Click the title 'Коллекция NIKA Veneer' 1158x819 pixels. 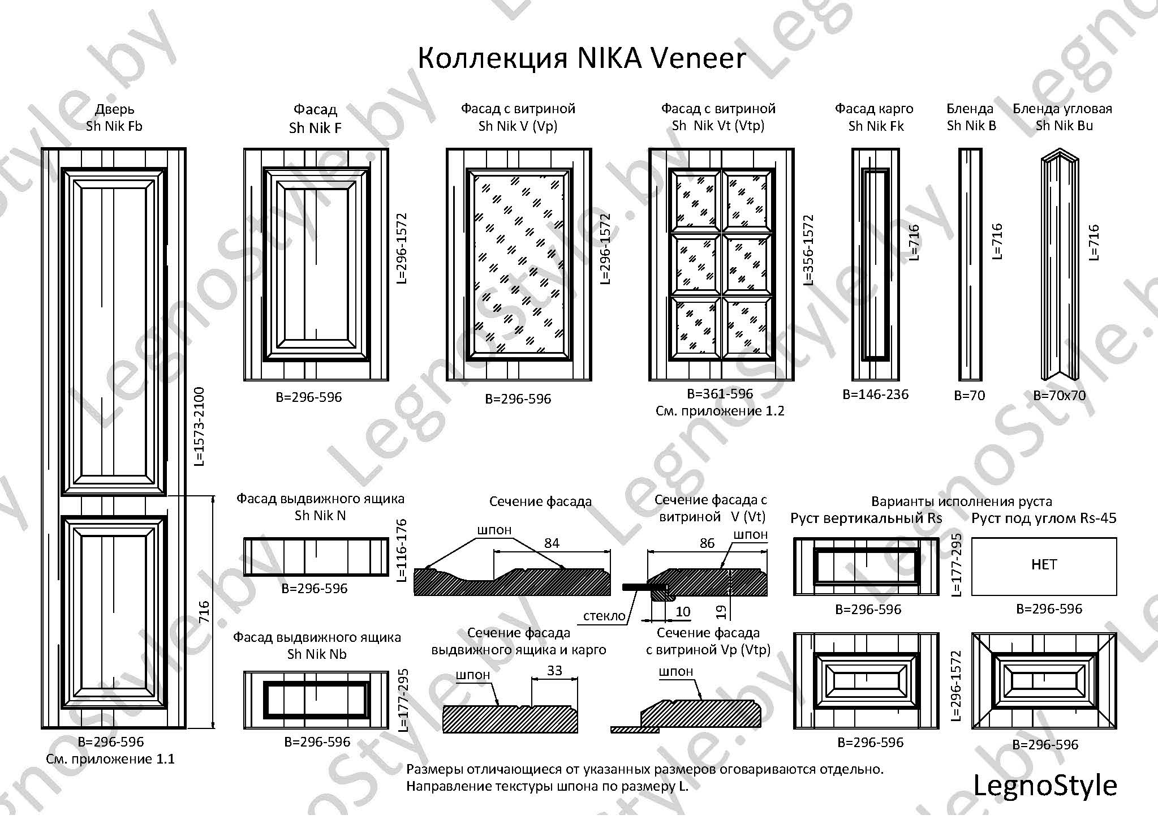(582, 58)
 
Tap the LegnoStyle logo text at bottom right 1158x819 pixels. (1045, 786)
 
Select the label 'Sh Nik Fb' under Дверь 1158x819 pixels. (114, 126)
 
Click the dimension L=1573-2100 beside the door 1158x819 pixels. (198, 426)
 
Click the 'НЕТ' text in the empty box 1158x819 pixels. (1044, 564)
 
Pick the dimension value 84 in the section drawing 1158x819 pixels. (552, 543)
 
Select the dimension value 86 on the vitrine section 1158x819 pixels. (707, 543)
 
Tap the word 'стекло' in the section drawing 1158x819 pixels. (605, 616)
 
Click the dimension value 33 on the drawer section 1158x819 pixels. (554, 670)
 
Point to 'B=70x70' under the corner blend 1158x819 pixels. (1060, 396)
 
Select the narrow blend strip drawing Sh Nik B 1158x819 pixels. (970, 264)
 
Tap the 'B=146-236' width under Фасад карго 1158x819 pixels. (876, 395)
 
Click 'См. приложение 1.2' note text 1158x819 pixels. (720, 411)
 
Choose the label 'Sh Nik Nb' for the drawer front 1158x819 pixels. (317, 654)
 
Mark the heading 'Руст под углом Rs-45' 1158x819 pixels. (1044, 518)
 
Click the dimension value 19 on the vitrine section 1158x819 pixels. (721, 612)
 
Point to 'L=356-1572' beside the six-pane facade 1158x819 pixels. (809, 250)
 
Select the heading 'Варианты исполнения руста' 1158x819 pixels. (962, 501)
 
